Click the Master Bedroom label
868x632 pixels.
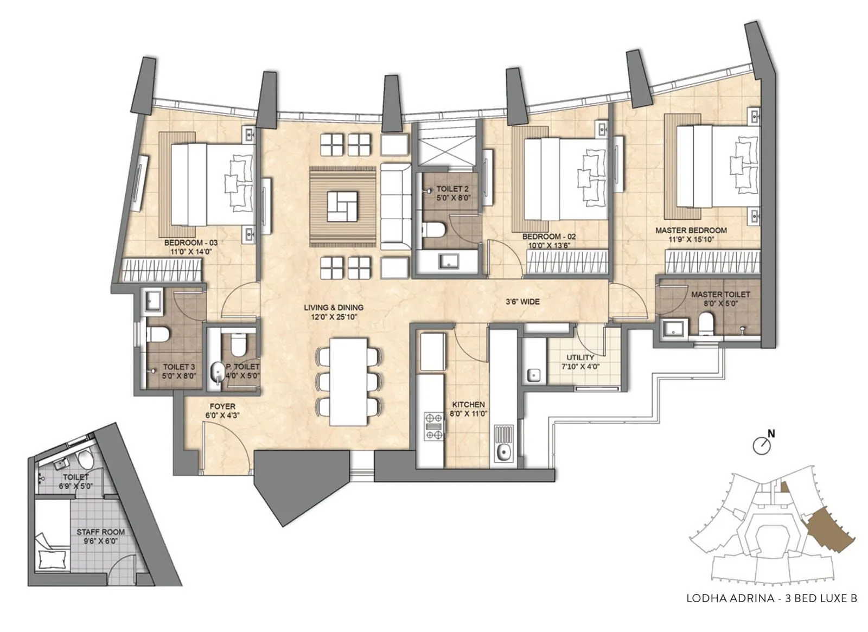[x=691, y=230]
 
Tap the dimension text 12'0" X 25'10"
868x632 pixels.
[x=334, y=317]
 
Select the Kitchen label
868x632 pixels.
[x=469, y=405]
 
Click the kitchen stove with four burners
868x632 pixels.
[x=433, y=426]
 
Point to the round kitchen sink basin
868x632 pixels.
[x=503, y=451]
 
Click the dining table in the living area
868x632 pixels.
[x=348, y=382]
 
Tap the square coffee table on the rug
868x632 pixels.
[x=342, y=206]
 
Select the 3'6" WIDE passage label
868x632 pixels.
[x=522, y=302]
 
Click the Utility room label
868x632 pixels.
[x=580, y=358]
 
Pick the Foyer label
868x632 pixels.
[x=222, y=406]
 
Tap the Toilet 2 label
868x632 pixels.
[x=452, y=189]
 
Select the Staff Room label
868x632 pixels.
[x=101, y=532]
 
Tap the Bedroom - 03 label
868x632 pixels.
[x=190, y=243]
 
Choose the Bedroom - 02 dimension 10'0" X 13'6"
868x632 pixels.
[x=549, y=246]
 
